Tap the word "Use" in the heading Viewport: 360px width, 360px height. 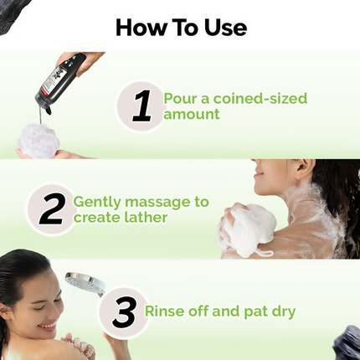click(224, 27)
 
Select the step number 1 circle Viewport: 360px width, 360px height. click(141, 105)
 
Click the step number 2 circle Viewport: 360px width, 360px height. click(52, 209)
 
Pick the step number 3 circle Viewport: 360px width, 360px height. click(123, 313)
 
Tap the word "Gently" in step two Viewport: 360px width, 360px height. click(96, 202)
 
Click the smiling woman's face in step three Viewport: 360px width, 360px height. click(37, 306)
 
